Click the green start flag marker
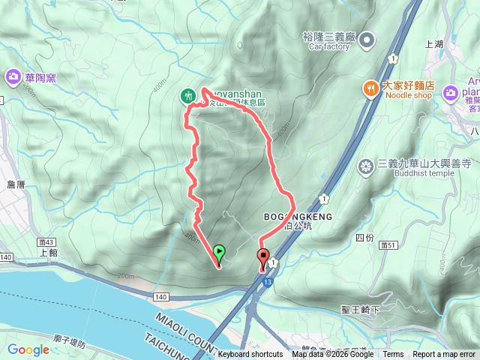click(x=219, y=253)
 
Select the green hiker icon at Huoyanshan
click(x=187, y=95)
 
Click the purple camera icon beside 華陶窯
click(x=13, y=76)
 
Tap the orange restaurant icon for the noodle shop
click(x=370, y=89)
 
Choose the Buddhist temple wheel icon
click(x=366, y=166)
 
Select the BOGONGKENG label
click(x=298, y=216)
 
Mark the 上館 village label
click(x=48, y=253)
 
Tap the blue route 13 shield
click(x=267, y=283)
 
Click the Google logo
click(x=28, y=349)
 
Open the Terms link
click(x=393, y=355)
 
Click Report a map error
click(x=444, y=355)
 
